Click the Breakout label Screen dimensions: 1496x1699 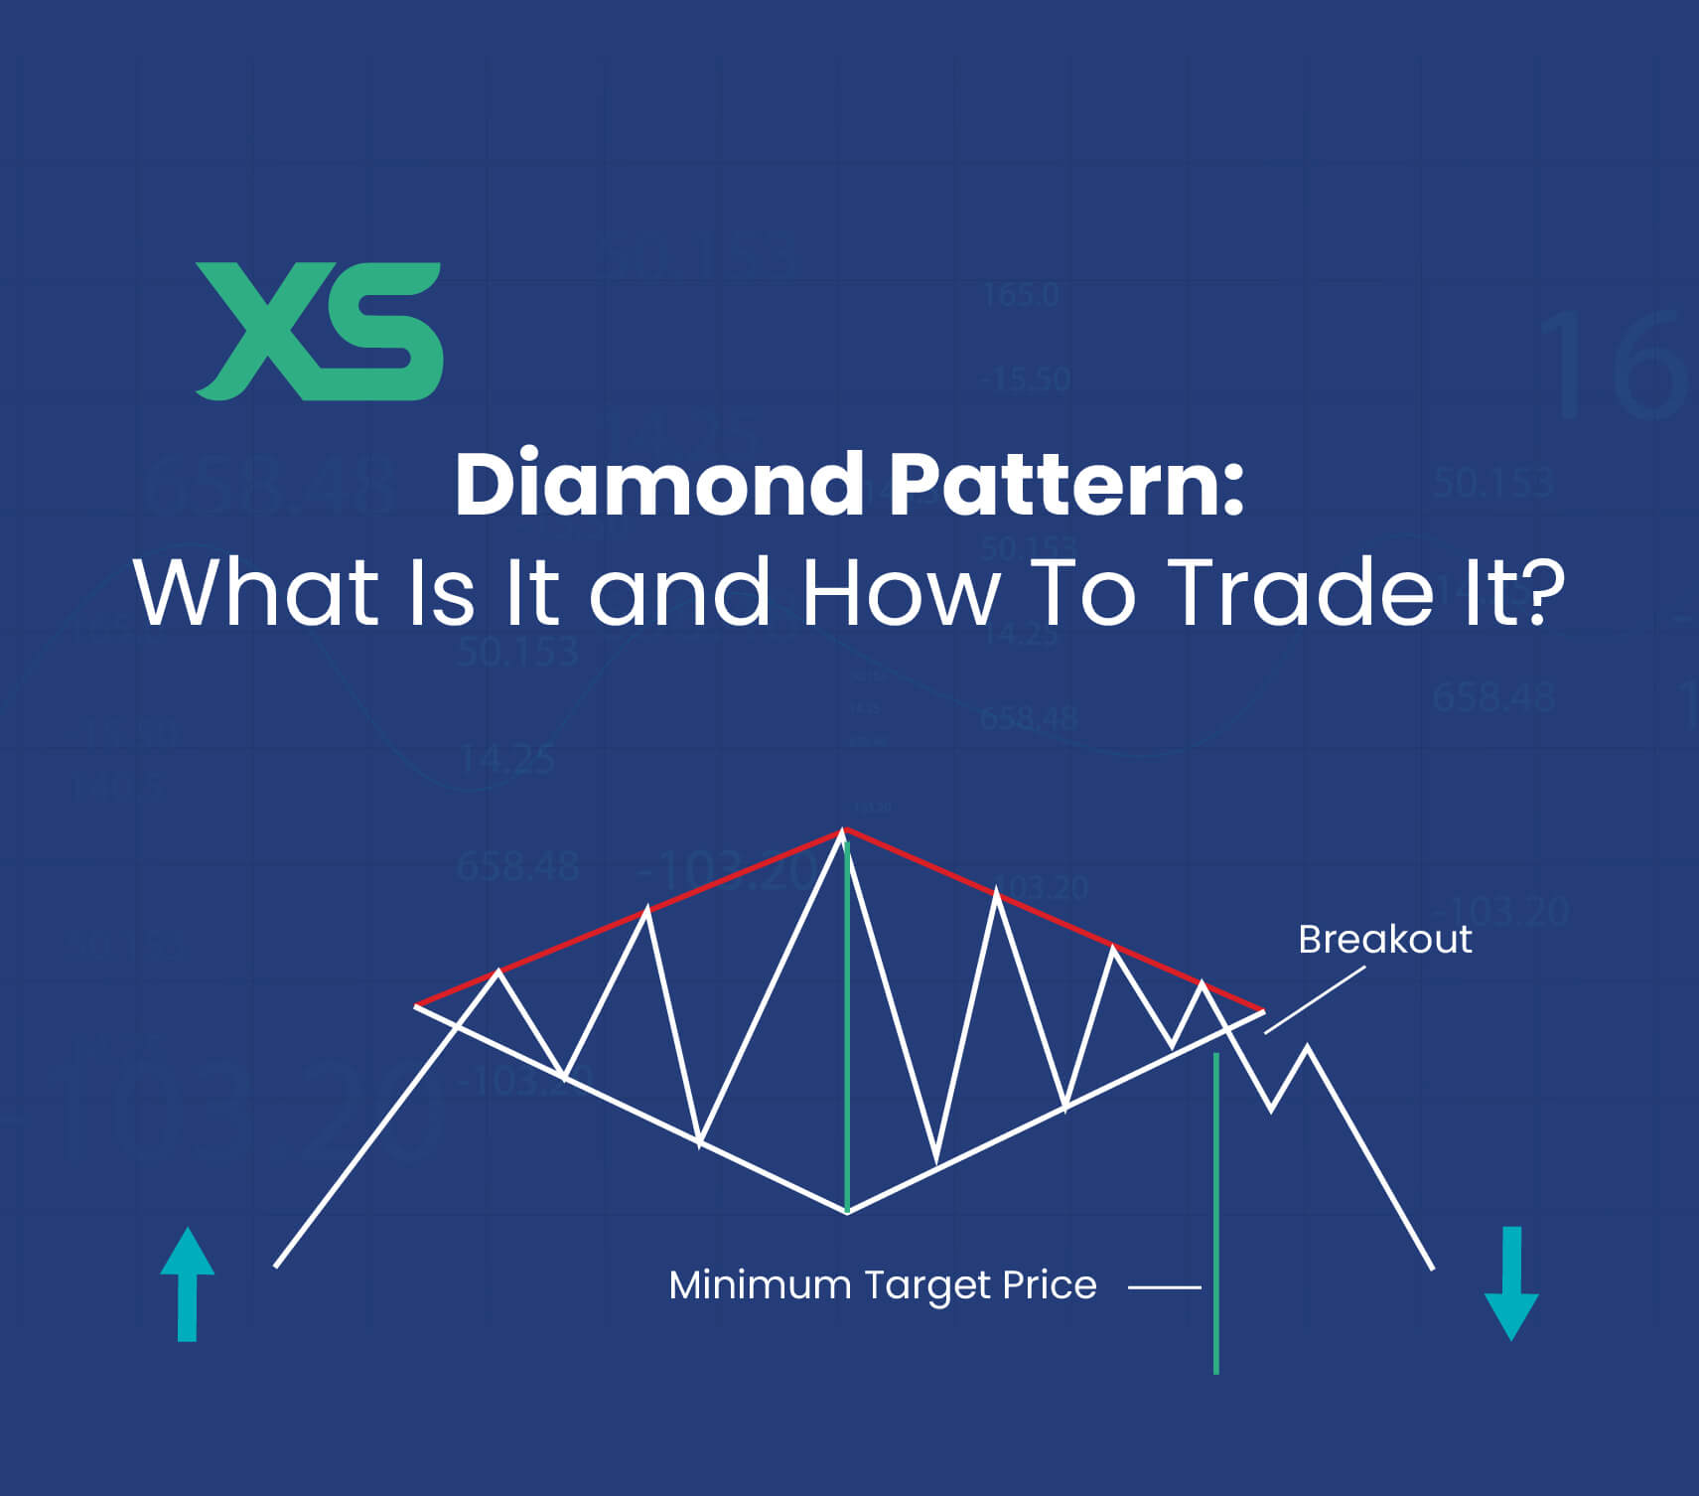(x=1384, y=940)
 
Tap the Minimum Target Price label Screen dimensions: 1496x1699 (x=883, y=1285)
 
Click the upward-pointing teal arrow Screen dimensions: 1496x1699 (x=187, y=1283)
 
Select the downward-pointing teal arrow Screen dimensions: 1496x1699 (x=1511, y=1283)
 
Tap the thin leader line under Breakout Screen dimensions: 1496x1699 (x=1315, y=1000)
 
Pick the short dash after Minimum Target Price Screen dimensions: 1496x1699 (x=1165, y=1287)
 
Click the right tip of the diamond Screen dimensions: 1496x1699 (x=1263, y=1010)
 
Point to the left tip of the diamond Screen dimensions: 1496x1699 (x=416, y=1006)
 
